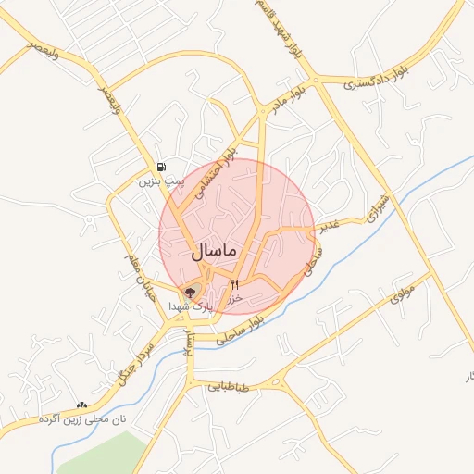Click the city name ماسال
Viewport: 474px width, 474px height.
coord(215,251)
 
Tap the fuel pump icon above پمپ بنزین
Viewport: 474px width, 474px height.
coord(162,167)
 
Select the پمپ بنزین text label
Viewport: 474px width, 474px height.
coord(156,182)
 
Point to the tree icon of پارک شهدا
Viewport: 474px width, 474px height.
coord(192,293)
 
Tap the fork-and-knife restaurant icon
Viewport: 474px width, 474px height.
coord(234,284)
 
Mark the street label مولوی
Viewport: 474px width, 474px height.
coord(401,292)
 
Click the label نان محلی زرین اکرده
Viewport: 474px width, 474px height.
coord(81,419)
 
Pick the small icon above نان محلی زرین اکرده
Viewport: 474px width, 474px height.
coord(81,405)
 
